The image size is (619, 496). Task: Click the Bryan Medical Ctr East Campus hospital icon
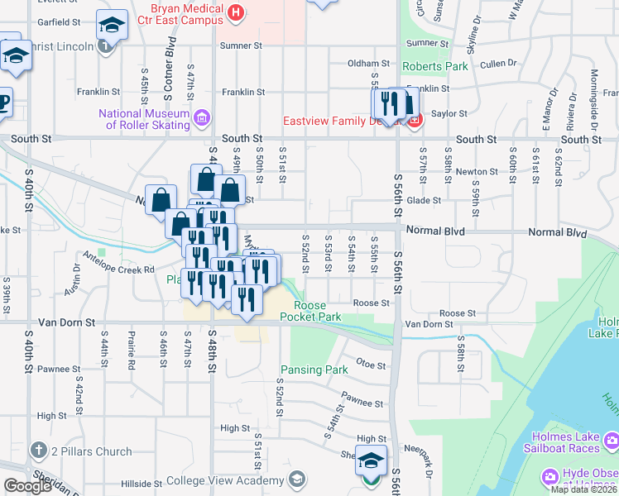pyautogui.click(x=237, y=12)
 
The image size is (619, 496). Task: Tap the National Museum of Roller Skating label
pyautogui.click(x=145, y=119)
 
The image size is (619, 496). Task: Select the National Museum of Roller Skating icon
pyautogui.click(x=201, y=120)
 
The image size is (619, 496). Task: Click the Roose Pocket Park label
pyautogui.click(x=310, y=311)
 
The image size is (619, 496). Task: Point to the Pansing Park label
pyautogui.click(x=314, y=370)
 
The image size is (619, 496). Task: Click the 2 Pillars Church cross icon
pyautogui.click(x=37, y=451)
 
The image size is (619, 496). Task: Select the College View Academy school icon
pyautogui.click(x=296, y=480)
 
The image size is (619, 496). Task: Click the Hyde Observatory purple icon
pyautogui.click(x=549, y=478)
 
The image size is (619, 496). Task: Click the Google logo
pyautogui.click(x=26, y=486)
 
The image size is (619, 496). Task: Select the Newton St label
pyautogui.click(x=482, y=171)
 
